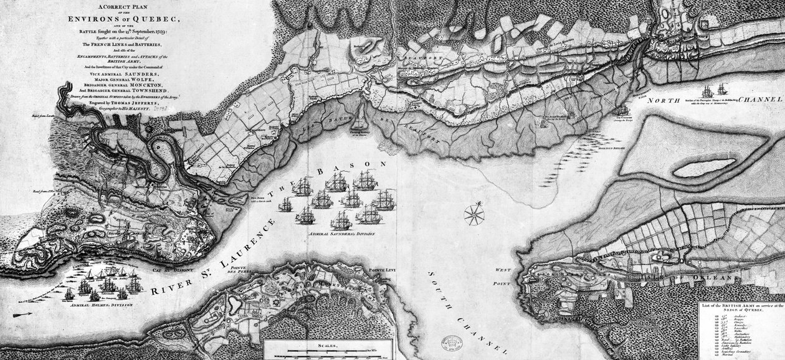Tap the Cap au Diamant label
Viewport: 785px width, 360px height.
(x=170, y=271)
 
